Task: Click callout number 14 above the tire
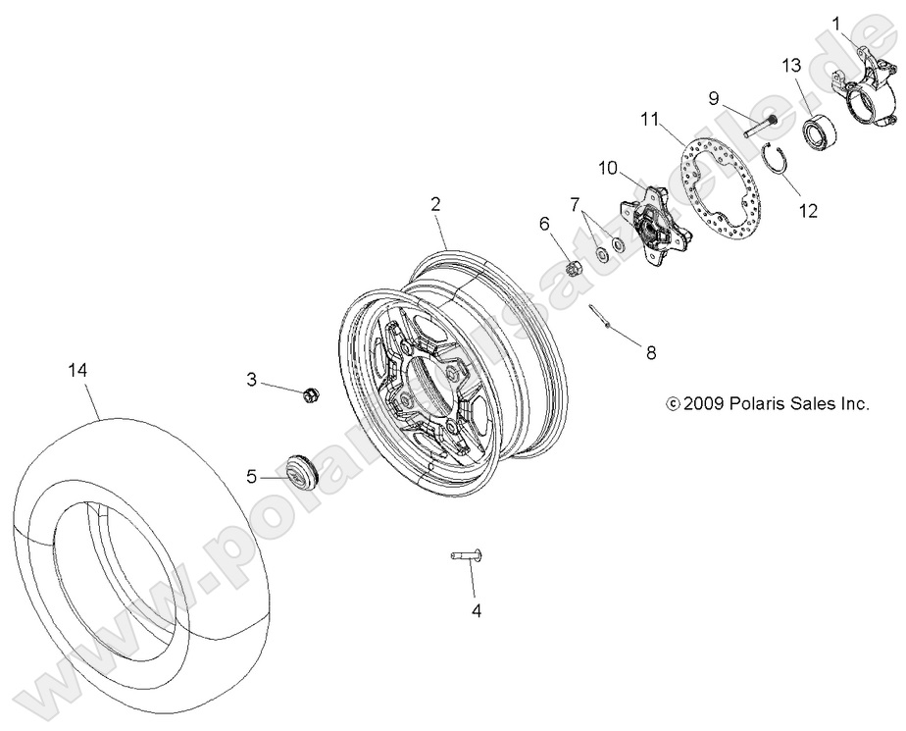[x=77, y=370]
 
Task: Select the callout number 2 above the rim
[x=435, y=204]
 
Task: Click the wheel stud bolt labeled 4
[x=461, y=556]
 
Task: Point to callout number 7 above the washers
[x=576, y=203]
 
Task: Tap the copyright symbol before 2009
[x=699, y=403]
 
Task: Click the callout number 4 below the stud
[x=477, y=611]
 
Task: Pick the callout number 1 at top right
[x=836, y=22]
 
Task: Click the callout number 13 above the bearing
[x=792, y=65]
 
